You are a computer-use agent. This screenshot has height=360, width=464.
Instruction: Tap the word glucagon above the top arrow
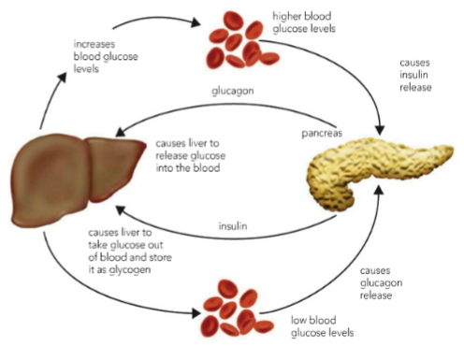tap(232, 93)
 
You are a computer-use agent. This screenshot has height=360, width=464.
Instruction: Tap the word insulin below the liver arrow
tap(234, 226)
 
